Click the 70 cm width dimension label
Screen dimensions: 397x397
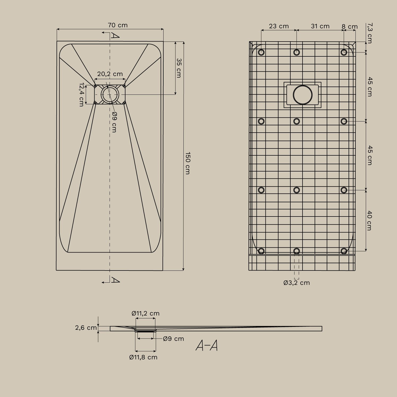pos(118,25)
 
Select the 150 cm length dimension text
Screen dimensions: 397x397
pos(187,163)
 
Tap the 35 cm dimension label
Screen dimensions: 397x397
pos(179,68)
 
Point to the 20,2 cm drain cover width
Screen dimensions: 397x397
pos(110,74)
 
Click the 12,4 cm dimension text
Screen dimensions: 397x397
pos(82,94)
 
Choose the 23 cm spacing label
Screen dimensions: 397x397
pos(279,26)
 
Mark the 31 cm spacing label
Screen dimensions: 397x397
pos(320,26)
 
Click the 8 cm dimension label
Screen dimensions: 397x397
pos(350,27)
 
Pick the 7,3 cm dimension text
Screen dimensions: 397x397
pos(370,33)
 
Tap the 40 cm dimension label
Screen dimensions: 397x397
pos(370,220)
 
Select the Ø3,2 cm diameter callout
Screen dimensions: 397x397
pos(296,283)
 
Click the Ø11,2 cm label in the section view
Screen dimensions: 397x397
pos(146,313)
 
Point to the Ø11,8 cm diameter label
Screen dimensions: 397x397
pos(143,357)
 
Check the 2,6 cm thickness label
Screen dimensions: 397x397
pos(86,328)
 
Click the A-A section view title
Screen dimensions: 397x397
pos(207,345)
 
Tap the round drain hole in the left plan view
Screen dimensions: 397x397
pos(110,94)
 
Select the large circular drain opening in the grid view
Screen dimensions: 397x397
pos(303,95)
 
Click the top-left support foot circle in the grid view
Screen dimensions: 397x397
pos(261,52)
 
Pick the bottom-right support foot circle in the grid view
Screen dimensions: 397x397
pos(344,251)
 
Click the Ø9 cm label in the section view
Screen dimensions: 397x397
pos(173,339)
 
